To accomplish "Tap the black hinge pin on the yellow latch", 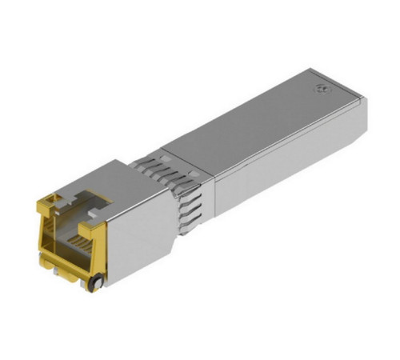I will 97,282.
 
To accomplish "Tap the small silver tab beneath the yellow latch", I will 58,274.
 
